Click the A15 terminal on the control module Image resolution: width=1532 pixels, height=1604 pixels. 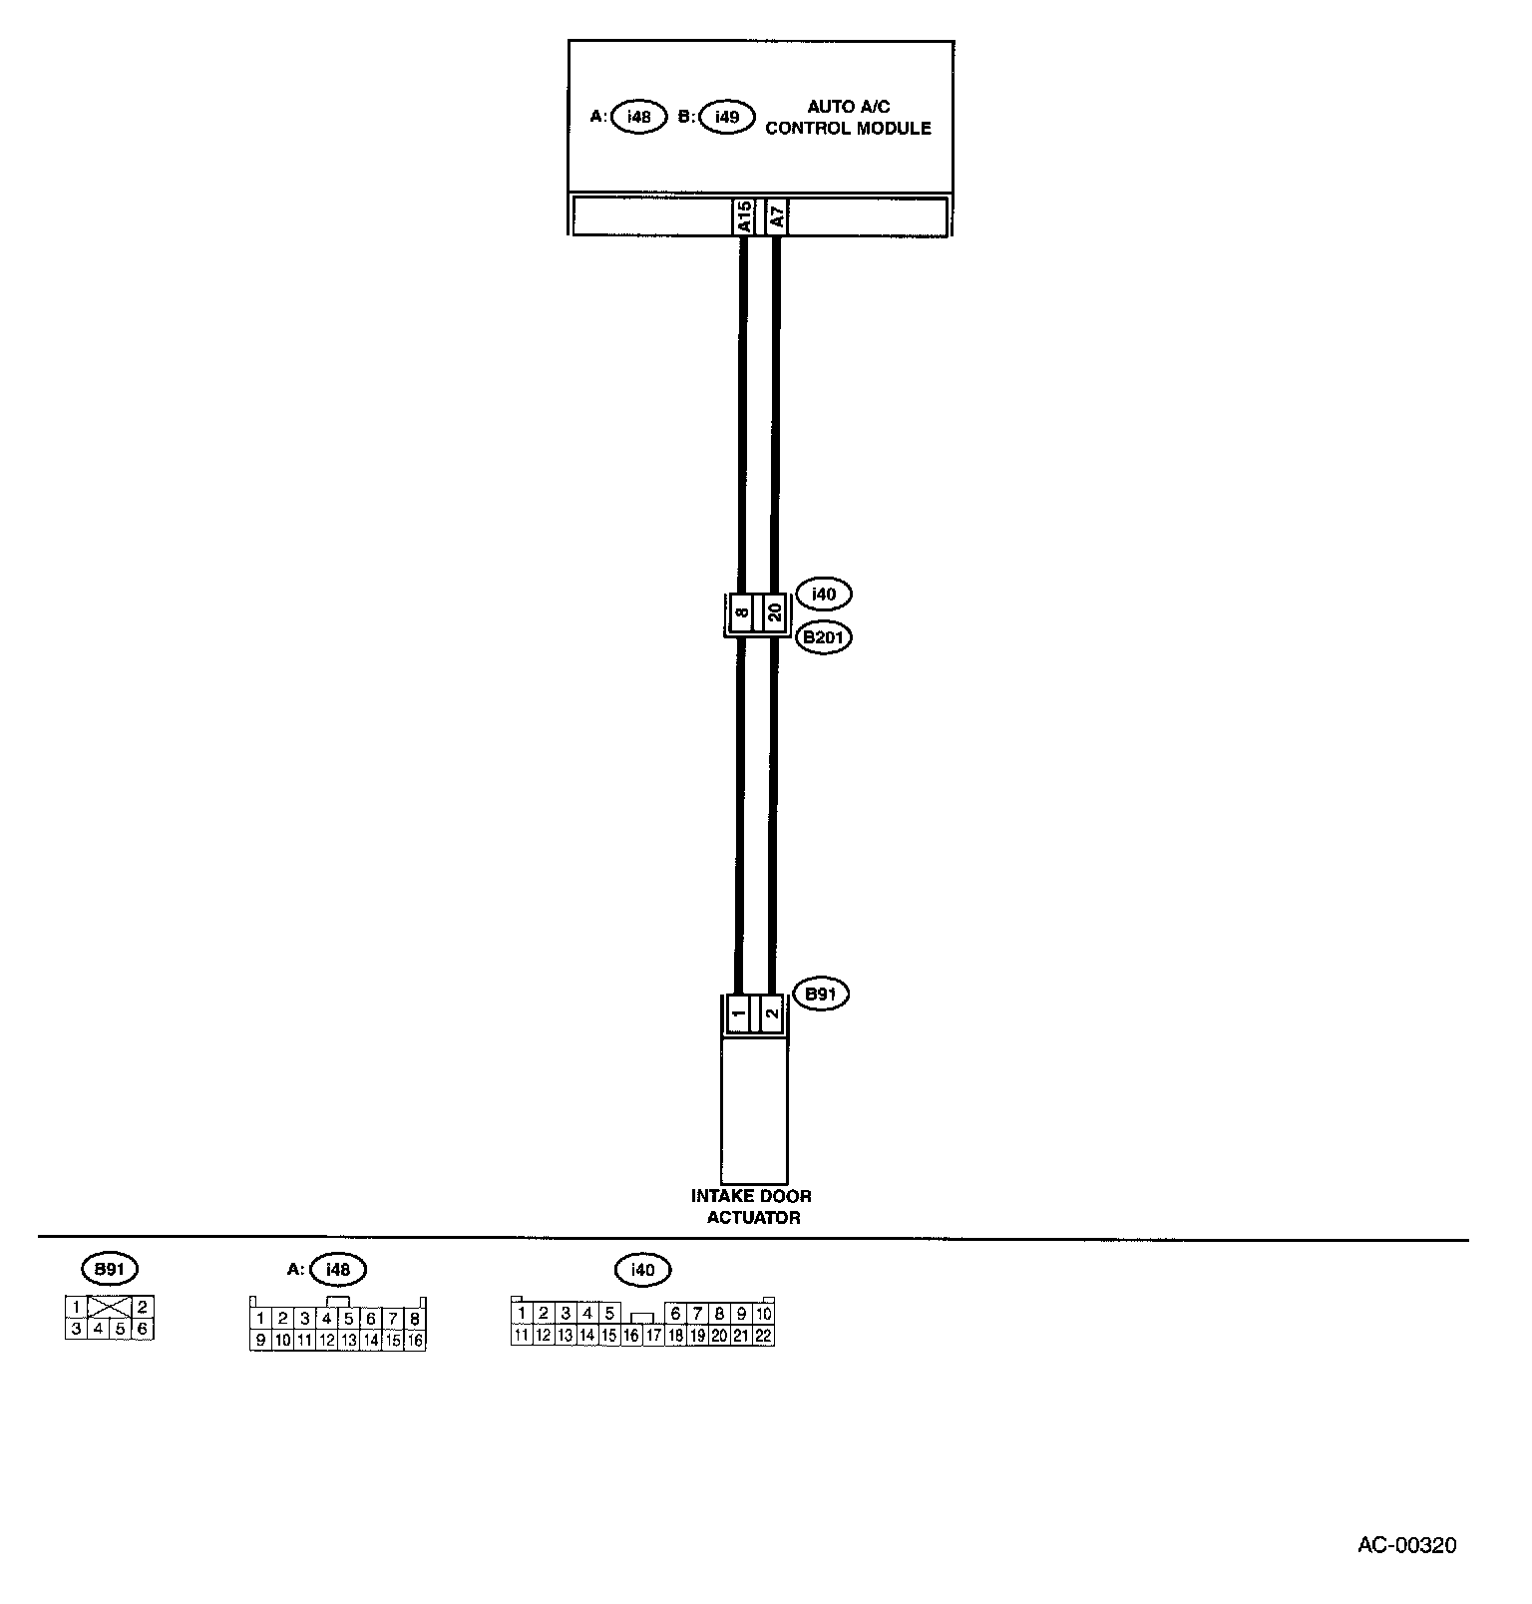(743, 216)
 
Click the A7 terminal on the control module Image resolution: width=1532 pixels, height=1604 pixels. (776, 216)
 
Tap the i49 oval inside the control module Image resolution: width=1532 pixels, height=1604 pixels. (727, 117)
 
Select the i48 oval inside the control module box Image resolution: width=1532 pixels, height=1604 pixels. (638, 117)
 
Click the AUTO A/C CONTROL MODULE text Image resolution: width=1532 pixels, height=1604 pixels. (848, 118)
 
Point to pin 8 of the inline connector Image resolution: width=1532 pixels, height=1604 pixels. (742, 612)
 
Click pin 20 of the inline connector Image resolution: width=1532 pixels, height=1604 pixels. (775, 612)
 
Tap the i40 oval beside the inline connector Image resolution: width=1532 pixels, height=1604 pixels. (823, 595)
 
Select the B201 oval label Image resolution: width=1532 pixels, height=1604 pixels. (823, 637)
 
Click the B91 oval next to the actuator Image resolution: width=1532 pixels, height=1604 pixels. (820, 995)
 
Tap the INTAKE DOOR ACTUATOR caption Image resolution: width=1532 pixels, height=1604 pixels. (753, 1206)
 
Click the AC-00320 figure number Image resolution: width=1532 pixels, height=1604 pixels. (1406, 1545)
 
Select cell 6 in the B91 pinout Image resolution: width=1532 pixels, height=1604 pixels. (143, 1329)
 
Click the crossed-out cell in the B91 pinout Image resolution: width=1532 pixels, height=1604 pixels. (109, 1307)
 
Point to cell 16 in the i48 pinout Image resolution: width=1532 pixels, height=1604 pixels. (415, 1341)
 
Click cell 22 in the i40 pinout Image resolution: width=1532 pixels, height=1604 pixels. (763, 1336)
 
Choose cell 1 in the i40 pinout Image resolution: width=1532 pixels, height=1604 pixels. (522, 1314)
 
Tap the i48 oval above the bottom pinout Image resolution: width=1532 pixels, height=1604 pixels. (338, 1269)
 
